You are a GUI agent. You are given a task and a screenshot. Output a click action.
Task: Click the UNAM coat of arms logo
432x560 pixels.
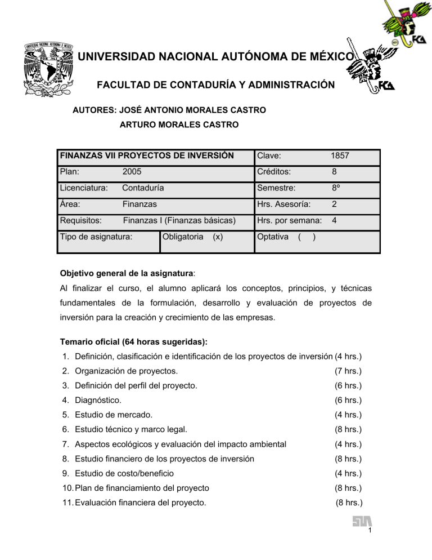click(46, 66)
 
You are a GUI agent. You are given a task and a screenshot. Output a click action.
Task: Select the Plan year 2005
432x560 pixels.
click(132, 172)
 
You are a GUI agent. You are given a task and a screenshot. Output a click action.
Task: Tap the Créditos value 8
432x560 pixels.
click(334, 172)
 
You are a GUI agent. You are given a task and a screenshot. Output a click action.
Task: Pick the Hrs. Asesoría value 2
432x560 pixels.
click(334, 205)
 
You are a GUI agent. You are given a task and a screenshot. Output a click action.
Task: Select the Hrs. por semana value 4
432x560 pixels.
click(335, 221)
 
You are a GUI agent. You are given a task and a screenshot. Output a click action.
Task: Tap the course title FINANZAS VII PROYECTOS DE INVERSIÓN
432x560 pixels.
click(147, 155)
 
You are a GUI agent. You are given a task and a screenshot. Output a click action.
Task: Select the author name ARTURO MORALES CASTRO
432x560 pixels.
click(179, 125)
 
